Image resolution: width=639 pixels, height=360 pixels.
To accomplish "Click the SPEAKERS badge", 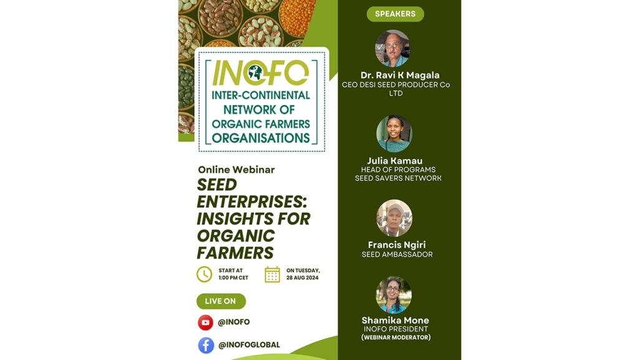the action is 395,14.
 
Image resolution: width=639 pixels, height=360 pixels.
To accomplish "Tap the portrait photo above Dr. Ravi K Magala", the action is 393,49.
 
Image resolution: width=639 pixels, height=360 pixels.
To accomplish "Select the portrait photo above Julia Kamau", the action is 394,134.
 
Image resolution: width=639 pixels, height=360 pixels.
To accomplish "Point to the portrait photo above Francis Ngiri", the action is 394,218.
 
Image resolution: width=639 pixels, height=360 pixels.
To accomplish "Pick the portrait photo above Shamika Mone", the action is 394,295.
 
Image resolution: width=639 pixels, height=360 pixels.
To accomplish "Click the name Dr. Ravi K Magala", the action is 400,75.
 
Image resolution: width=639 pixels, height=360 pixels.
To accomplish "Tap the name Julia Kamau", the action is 394,160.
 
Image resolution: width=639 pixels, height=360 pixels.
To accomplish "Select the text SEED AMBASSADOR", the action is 398,255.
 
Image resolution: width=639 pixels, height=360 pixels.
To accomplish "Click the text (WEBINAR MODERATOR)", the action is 396,337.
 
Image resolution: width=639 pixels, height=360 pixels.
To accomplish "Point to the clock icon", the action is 204,275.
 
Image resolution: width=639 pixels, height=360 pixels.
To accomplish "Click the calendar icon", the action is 272,275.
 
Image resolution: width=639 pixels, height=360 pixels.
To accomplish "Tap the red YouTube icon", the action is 205,322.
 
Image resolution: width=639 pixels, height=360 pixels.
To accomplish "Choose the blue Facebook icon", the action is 206,346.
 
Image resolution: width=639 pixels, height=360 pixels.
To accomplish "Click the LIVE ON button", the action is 221,301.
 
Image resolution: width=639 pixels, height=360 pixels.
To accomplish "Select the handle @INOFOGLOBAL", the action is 249,345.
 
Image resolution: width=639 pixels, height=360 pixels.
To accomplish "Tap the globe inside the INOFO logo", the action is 255,72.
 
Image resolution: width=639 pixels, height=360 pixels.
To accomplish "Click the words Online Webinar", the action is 237,170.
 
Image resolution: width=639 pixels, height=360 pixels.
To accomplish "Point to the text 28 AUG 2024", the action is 303,278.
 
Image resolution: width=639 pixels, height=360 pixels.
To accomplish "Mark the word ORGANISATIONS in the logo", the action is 261,138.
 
